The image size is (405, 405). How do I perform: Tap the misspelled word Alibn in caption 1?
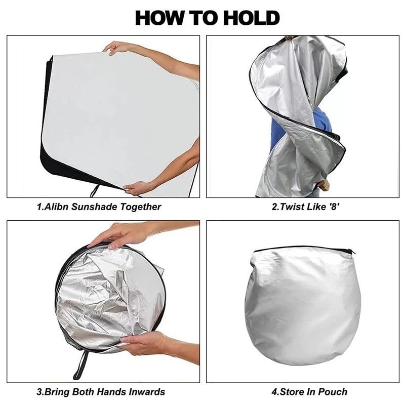pos(57,207)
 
